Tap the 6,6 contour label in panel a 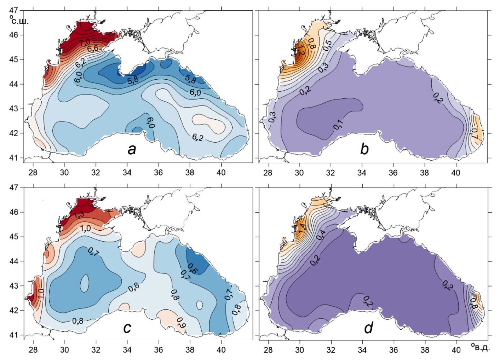(92, 49)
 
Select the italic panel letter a (131, 149)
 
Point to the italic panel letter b (364, 149)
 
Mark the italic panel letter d (368, 327)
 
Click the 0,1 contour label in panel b (339, 124)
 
